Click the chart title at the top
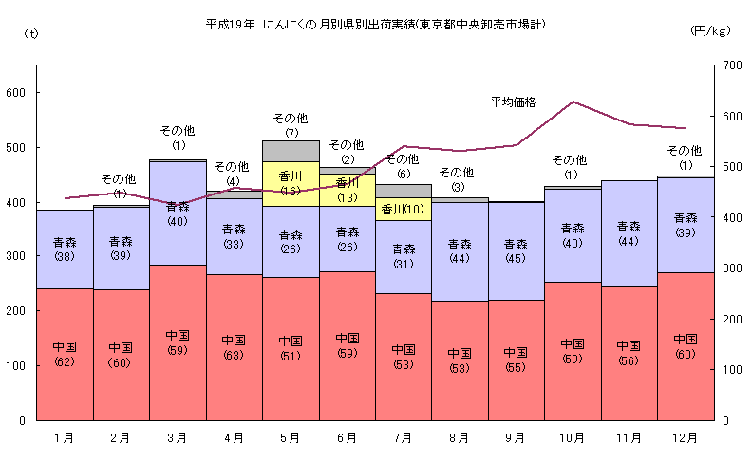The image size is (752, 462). [376, 22]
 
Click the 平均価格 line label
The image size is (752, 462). [514, 101]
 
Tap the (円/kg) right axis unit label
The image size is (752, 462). [710, 31]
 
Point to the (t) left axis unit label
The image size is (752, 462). [31, 34]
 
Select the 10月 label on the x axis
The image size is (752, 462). [573, 437]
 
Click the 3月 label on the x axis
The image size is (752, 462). [178, 437]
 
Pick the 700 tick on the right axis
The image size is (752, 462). [730, 65]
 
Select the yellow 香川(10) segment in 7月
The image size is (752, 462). [403, 209]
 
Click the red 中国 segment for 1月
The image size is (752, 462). [65, 353]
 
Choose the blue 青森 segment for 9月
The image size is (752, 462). [516, 251]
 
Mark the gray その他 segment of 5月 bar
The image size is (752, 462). [291, 151]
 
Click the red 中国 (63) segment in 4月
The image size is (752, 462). [234, 346]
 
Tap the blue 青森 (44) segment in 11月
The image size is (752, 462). [629, 233]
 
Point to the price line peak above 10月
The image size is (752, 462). [573, 102]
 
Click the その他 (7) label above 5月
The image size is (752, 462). [291, 124]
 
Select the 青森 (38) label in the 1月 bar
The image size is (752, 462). [65, 249]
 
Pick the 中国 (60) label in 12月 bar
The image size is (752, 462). [685, 346]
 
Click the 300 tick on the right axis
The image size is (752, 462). [730, 268]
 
